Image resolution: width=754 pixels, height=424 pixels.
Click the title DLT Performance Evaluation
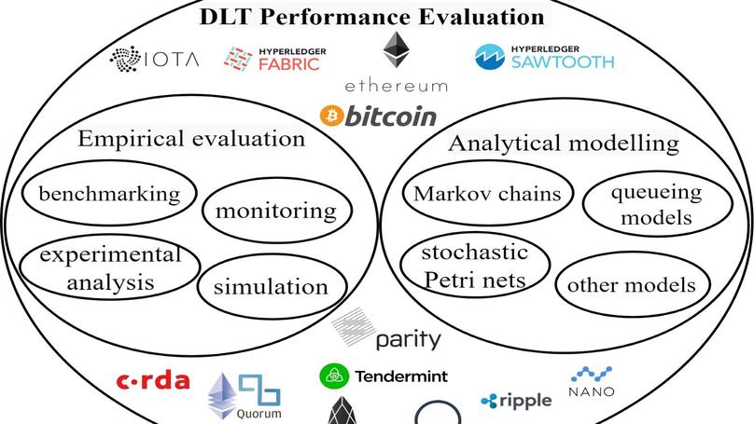click(371, 16)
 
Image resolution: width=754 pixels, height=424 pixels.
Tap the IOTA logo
click(155, 60)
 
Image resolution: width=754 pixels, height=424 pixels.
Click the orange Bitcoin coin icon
click(330, 116)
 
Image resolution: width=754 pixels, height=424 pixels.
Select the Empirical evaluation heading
click(191, 140)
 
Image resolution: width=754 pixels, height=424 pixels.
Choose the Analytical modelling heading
click(563, 144)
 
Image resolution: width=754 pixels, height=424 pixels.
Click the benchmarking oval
click(109, 194)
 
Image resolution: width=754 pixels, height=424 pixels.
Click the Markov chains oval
click(488, 194)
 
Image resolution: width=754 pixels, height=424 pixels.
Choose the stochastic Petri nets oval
click(473, 266)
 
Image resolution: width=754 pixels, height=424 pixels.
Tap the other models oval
click(631, 284)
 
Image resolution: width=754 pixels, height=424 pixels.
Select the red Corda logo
click(152, 380)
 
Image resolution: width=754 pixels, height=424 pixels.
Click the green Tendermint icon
click(334, 376)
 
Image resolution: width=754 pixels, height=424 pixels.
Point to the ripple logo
click(516, 400)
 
